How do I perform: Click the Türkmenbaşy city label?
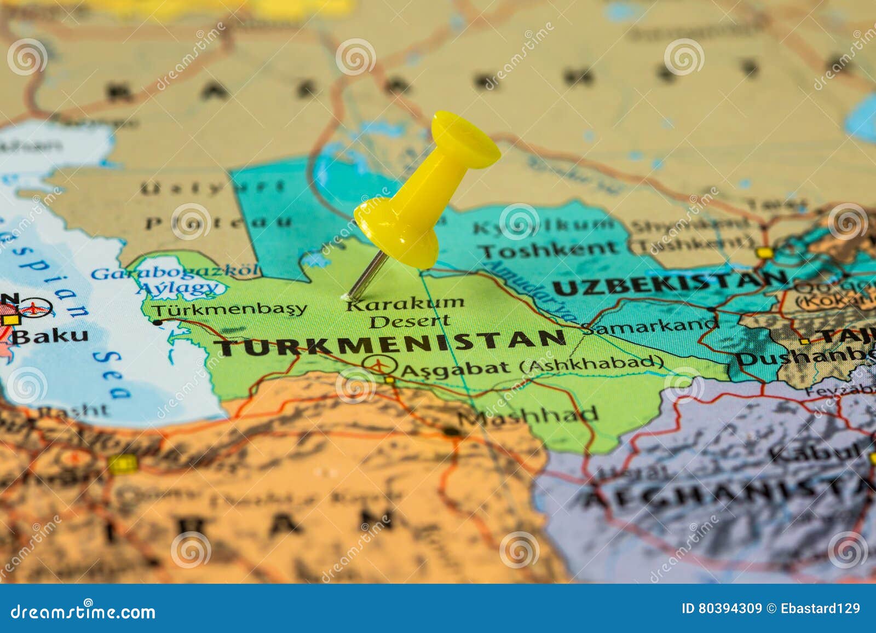(229, 310)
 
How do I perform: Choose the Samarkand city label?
(649, 326)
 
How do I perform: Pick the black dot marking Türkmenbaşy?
(158, 323)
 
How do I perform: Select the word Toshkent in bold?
(550, 250)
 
